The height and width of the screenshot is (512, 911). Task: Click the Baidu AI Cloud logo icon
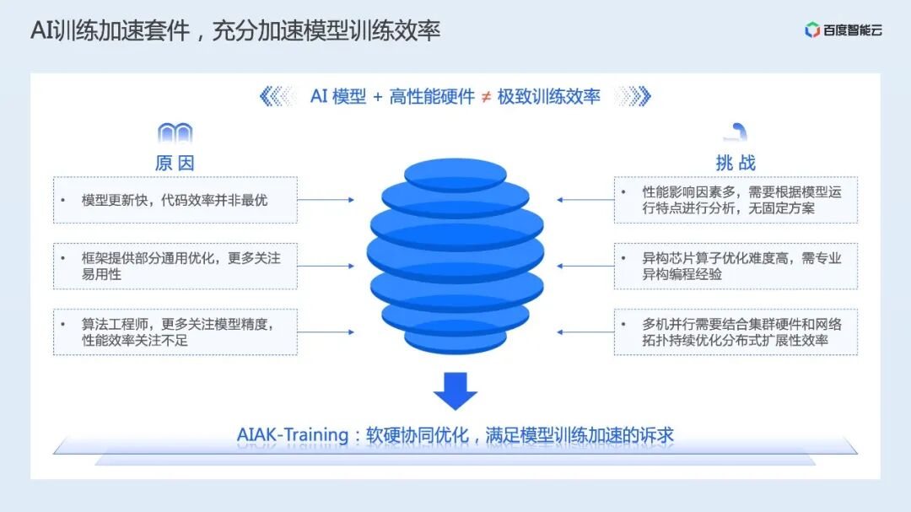click(x=812, y=30)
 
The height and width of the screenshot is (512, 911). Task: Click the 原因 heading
click(x=175, y=163)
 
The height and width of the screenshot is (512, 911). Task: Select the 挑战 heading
click(x=736, y=163)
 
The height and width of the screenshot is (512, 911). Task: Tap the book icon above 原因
click(x=175, y=133)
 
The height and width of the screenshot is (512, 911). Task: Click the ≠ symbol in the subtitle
click(x=486, y=97)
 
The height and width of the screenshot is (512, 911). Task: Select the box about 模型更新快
click(x=175, y=200)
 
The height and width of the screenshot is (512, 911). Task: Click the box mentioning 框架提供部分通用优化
click(x=175, y=266)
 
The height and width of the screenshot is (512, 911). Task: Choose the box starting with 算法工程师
click(x=175, y=331)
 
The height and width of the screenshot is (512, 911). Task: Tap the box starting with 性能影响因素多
click(x=736, y=200)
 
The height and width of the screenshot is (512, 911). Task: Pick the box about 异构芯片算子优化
click(x=736, y=266)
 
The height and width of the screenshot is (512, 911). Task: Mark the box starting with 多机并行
click(x=736, y=331)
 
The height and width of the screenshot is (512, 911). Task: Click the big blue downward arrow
click(x=455, y=389)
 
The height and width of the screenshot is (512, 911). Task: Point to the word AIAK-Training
click(x=293, y=435)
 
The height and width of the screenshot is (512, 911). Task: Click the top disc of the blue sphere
click(x=455, y=174)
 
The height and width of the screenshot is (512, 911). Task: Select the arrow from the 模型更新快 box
click(x=326, y=200)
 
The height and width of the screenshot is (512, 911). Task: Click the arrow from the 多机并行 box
click(x=585, y=331)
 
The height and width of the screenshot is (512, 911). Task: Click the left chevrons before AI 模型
click(x=278, y=97)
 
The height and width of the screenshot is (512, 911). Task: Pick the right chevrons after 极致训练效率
click(x=633, y=97)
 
